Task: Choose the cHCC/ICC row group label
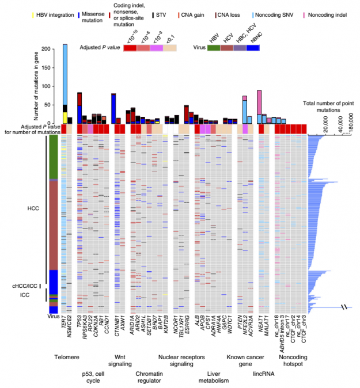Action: (x=25, y=286)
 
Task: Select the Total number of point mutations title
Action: (x=330, y=106)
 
